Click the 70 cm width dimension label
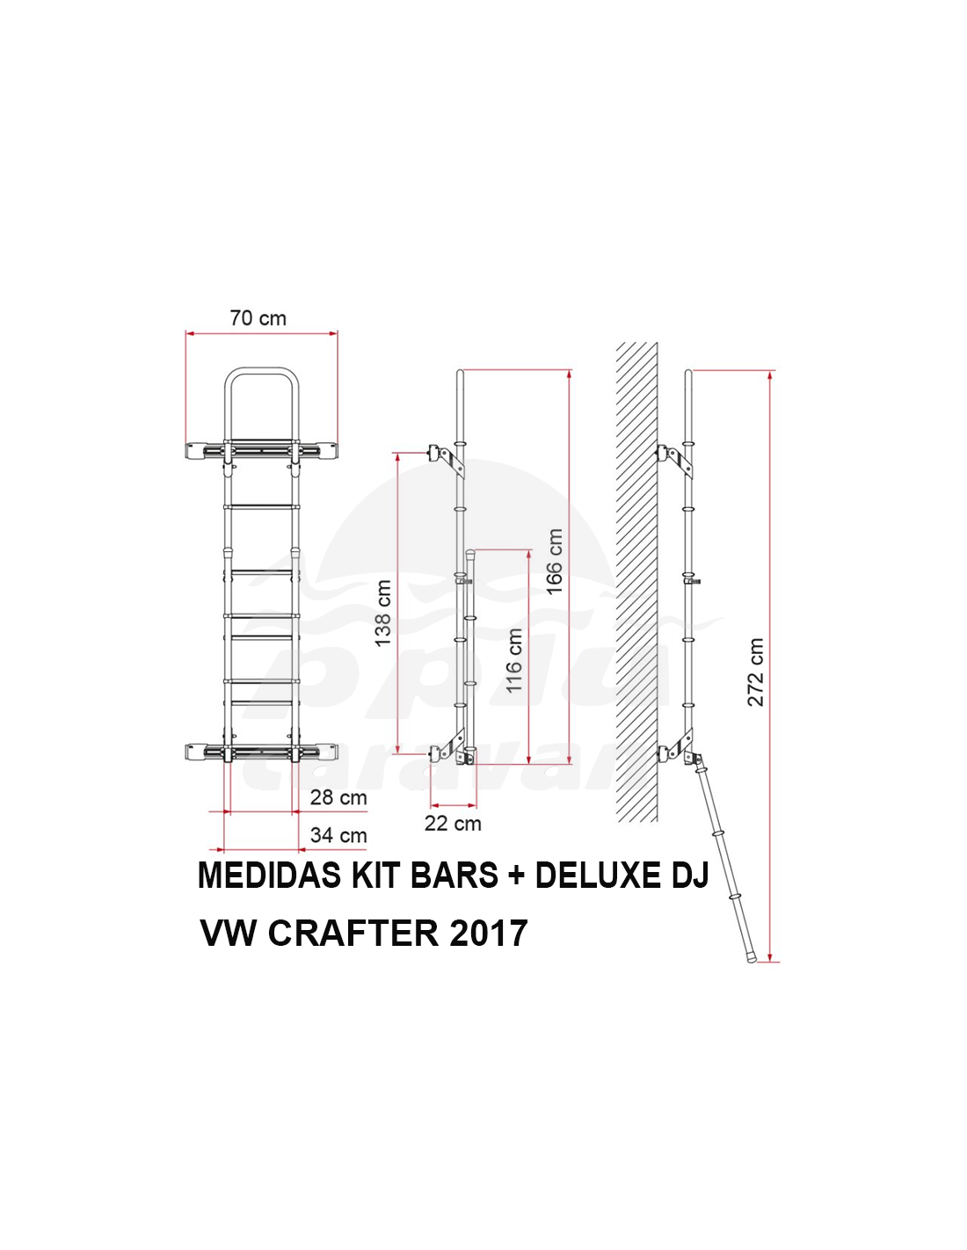(258, 318)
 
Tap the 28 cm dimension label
(338, 798)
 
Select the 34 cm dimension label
(338, 835)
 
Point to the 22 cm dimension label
(453, 824)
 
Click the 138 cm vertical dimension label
(383, 614)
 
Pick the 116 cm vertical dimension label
(514, 660)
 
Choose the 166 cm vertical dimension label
(554, 562)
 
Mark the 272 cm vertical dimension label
(755, 672)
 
